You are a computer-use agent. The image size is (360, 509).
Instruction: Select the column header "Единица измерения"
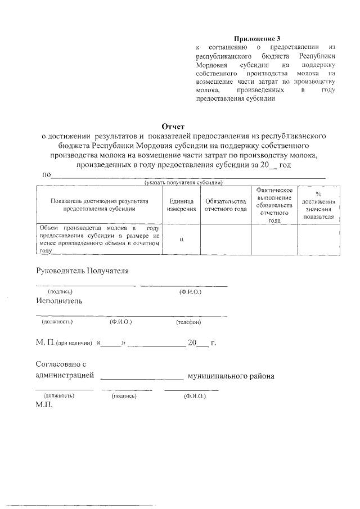pyautogui.click(x=181, y=205)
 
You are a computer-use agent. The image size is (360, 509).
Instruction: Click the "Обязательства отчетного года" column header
pyautogui.click(x=226, y=205)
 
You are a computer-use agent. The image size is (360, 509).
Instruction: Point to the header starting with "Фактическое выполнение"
pyautogui.click(x=274, y=205)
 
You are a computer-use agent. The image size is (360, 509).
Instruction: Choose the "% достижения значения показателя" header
pyautogui.click(x=318, y=205)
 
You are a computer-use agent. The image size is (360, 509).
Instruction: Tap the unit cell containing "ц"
pyautogui.click(x=181, y=239)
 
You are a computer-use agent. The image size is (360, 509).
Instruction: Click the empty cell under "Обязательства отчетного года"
pyautogui.click(x=226, y=239)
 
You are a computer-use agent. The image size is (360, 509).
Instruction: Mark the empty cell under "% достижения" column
pyautogui.click(x=318, y=239)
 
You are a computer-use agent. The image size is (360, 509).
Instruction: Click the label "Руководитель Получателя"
pyautogui.click(x=82, y=271)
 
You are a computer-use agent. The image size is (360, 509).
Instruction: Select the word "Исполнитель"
pyautogui.click(x=59, y=300)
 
